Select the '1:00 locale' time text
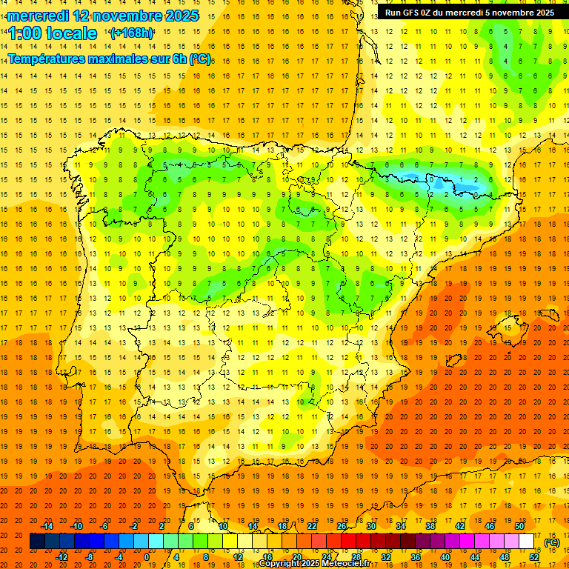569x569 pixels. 53,33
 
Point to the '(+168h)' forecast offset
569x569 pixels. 131,33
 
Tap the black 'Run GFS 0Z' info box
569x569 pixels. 469,13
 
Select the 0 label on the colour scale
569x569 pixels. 146,557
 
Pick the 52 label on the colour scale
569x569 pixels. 534,557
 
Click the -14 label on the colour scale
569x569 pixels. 47,526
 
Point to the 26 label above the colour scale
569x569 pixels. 342,526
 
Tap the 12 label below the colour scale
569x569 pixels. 238,557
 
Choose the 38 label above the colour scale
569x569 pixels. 430,526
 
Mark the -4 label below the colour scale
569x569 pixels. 119,557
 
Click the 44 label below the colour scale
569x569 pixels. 475,557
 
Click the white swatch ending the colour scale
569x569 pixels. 526,542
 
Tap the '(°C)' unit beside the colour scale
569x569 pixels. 552,542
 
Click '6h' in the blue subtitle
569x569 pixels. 179,59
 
